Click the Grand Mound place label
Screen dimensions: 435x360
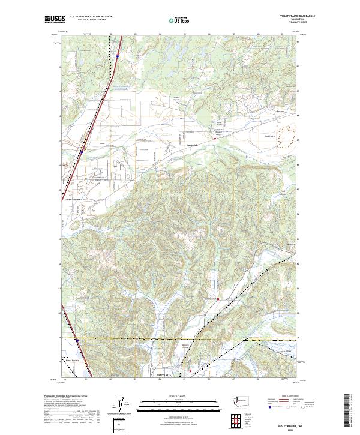pyautogui.click(x=72, y=200)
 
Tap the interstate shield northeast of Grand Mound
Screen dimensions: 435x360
pyautogui.click(x=81, y=152)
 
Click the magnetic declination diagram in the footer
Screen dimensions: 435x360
pyautogui.click(x=123, y=405)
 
